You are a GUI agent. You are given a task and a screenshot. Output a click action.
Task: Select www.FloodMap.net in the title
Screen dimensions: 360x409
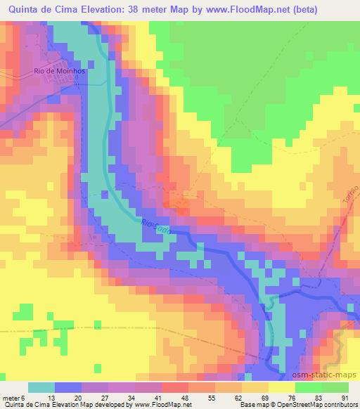[x=243, y=10]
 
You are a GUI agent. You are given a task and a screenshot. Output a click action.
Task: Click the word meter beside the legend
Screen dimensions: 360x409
[x=10, y=398]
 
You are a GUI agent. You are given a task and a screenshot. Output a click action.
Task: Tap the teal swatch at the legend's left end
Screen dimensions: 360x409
[x=41, y=387]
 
